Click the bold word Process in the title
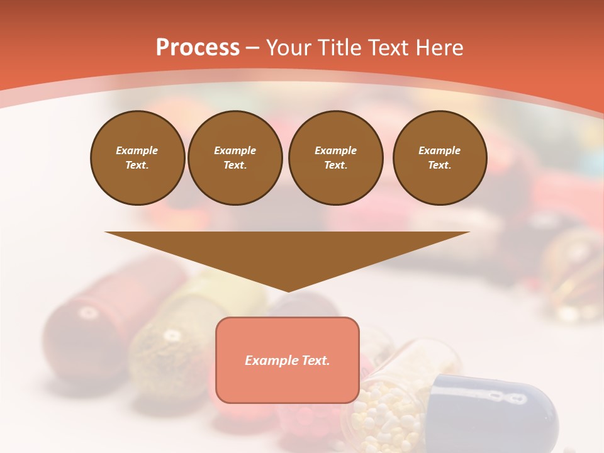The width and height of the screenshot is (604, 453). (x=198, y=48)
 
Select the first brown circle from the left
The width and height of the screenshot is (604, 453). (x=137, y=158)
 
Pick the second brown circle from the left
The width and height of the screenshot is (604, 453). (x=235, y=158)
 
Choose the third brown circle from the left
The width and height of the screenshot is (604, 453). (x=335, y=158)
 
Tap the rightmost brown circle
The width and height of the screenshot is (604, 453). (x=440, y=158)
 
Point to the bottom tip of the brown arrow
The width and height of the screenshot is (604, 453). (x=288, y=291)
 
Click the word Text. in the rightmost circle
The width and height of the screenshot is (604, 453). (x=440, y=165)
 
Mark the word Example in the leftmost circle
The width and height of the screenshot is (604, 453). (x=137, y=150)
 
